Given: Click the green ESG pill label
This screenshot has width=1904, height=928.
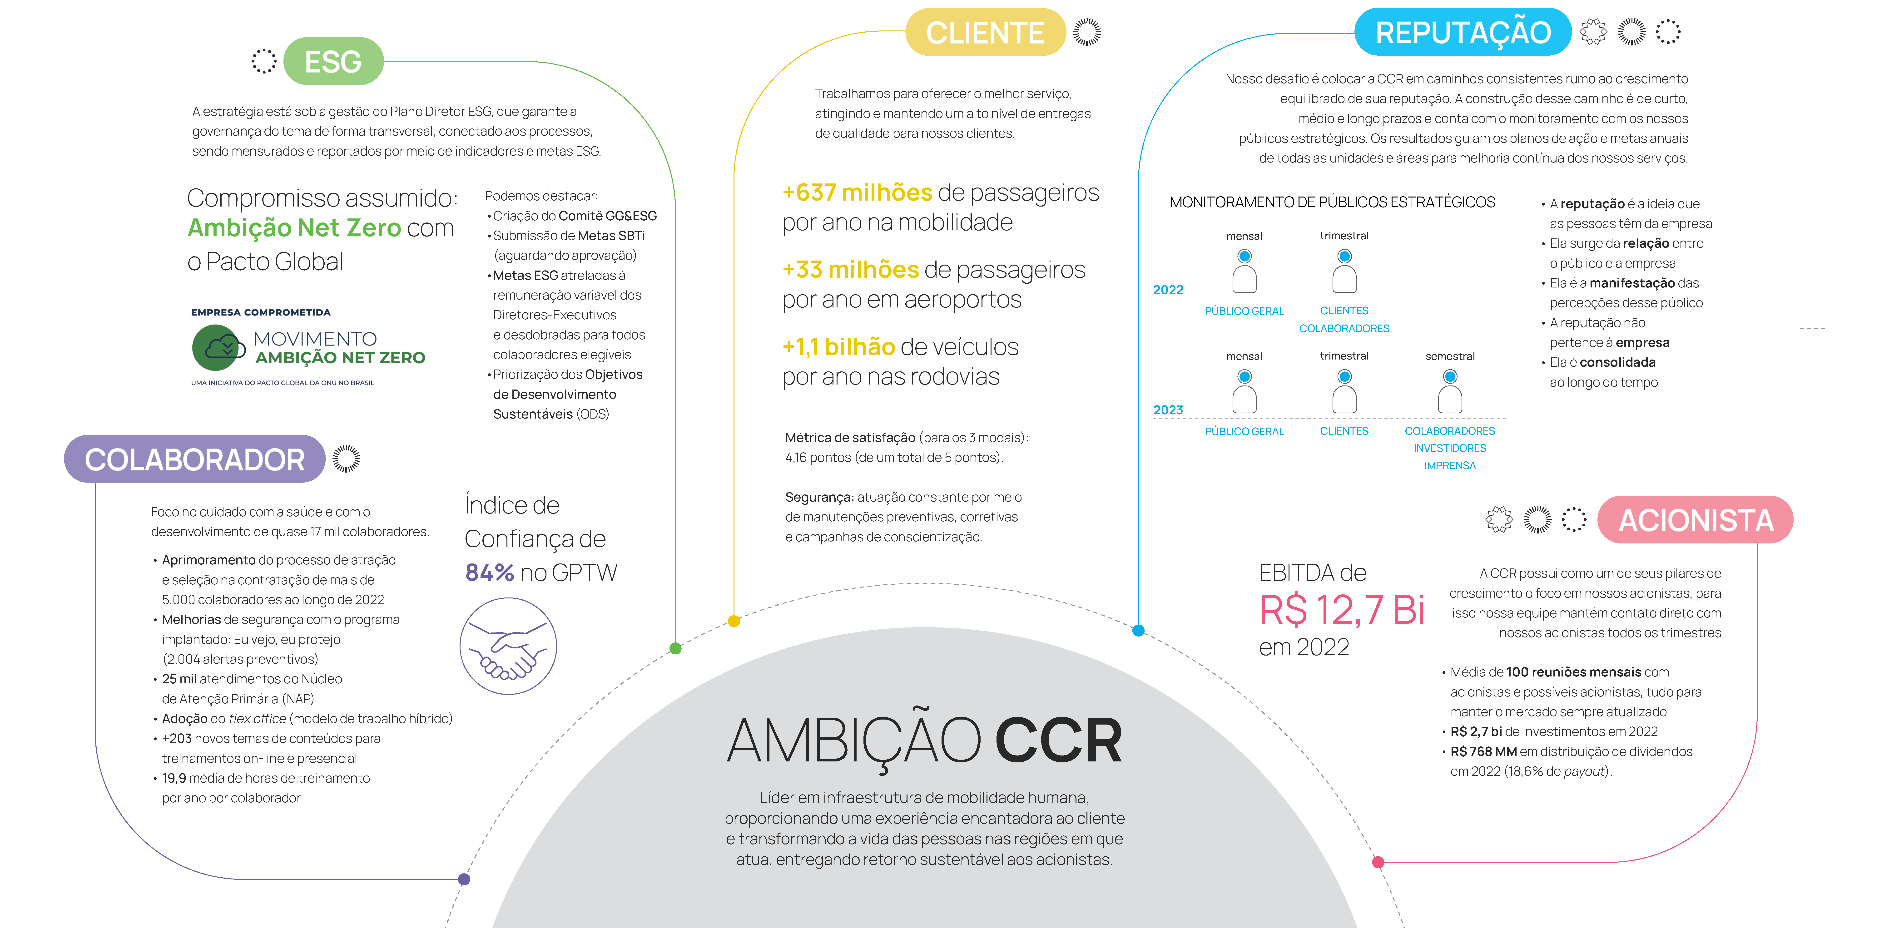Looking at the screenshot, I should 333,61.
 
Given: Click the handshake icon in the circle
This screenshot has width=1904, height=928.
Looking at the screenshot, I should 509,647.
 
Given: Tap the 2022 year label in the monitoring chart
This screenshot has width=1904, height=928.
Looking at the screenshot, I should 1168,290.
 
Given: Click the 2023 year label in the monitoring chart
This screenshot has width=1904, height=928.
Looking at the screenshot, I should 1168,410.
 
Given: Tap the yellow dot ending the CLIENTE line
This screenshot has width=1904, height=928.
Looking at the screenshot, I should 734,621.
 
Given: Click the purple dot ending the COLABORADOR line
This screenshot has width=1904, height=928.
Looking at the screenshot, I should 464,879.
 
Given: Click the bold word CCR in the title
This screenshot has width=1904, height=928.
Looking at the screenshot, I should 1058,741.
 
